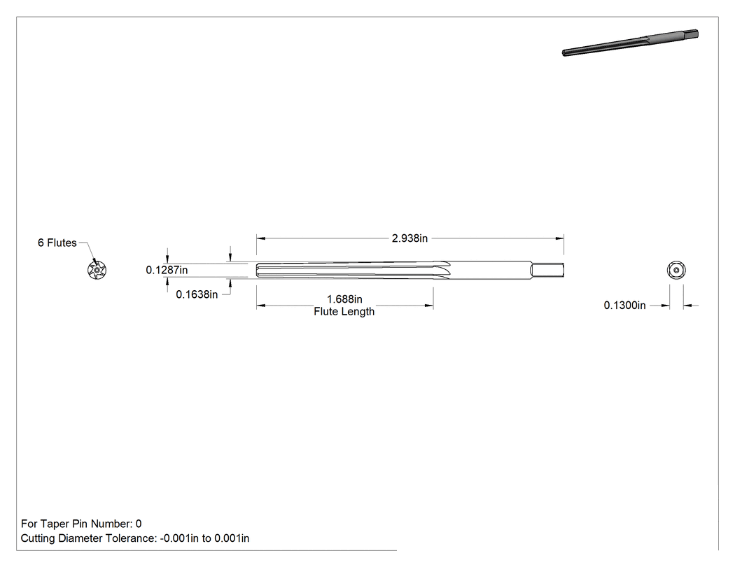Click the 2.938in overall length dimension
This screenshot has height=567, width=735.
pos(409,238)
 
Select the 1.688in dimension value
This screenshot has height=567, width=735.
pos(344,299)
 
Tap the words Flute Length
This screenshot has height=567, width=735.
pos(344,311)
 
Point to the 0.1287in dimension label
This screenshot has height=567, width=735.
pos(167,270)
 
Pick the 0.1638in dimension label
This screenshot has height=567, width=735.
pos(197,294)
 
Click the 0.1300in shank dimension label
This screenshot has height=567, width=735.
pos(625,306)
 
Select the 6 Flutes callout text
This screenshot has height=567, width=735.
pos(57,243)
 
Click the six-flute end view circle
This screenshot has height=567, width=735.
pos(97,270)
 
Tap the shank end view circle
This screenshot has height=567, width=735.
pos(676,270)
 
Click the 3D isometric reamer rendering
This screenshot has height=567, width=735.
pos(630,43)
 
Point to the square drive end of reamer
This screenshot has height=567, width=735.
pos(547,270)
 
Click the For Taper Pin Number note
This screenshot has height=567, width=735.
pos(81,524)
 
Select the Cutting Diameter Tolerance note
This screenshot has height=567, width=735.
pos(135,538)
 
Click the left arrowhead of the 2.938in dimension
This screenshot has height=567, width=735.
pos(260,238)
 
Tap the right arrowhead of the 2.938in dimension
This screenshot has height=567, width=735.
pos(559,238)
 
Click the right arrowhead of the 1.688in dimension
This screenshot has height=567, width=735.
pos(429,306)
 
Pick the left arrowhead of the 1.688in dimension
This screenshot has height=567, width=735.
pos(260,306)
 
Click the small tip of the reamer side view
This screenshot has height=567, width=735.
pos(258,270)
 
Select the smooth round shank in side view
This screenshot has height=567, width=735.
pos(491,270)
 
